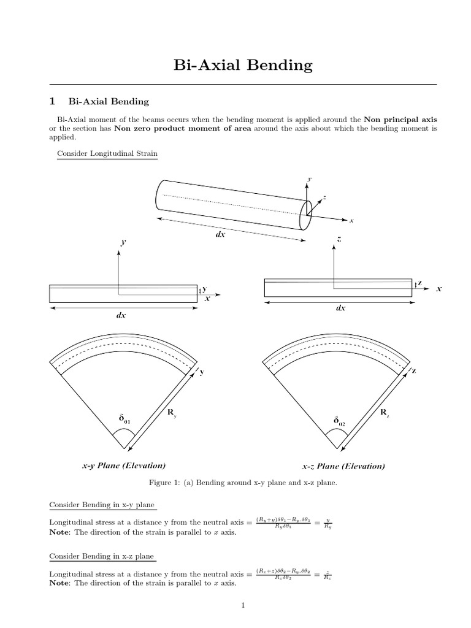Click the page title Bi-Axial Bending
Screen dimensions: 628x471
[243, 65]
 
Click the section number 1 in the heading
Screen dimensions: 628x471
[53, 101]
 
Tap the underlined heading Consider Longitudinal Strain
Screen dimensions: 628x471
[107, 153]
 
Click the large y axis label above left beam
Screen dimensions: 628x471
[123, 242]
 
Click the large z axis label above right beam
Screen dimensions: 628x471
[339, 239]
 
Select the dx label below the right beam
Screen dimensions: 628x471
[340, 308]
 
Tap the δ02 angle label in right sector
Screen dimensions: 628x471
[339, 421]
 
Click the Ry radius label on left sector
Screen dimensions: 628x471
[172, 413]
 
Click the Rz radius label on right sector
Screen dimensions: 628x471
[385, 413]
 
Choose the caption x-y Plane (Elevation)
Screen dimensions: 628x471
[123, 465]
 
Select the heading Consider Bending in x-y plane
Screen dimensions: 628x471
[102, 505]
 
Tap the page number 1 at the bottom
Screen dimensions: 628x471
[243, 606]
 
